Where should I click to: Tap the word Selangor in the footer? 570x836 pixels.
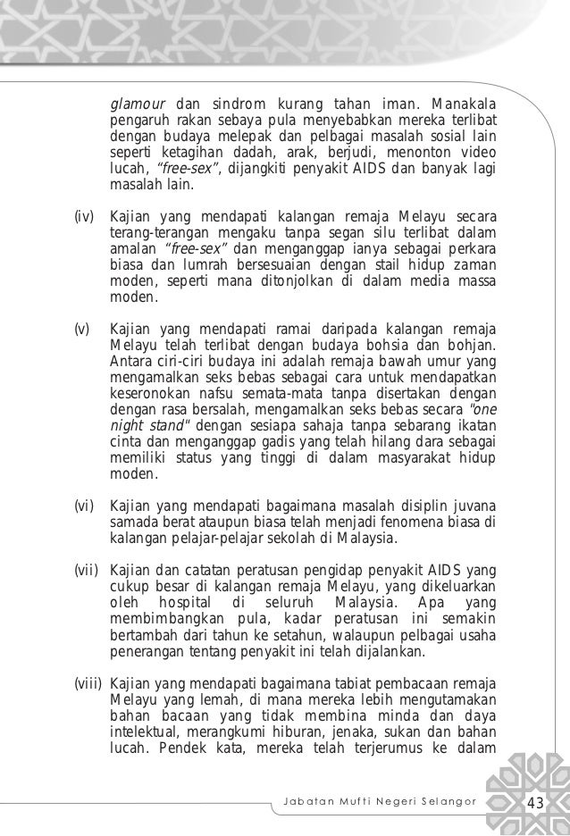[x=450, y=800]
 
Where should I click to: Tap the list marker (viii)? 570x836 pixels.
[x=87, y=683]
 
